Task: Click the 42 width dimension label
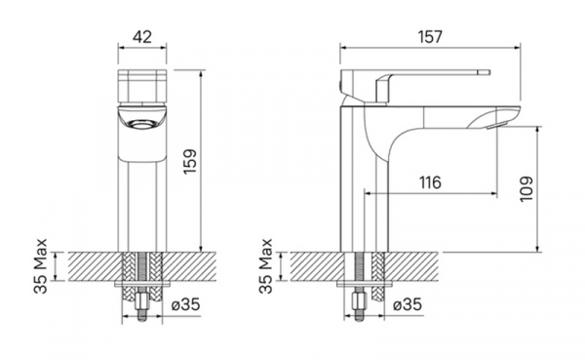142,37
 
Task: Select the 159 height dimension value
191,161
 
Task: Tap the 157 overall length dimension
430,37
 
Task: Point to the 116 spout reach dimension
430,182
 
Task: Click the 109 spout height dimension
526,189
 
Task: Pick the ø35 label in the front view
186,304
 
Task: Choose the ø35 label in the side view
408,304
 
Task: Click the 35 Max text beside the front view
41,266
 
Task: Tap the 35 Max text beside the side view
265,266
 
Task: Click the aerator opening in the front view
141,124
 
